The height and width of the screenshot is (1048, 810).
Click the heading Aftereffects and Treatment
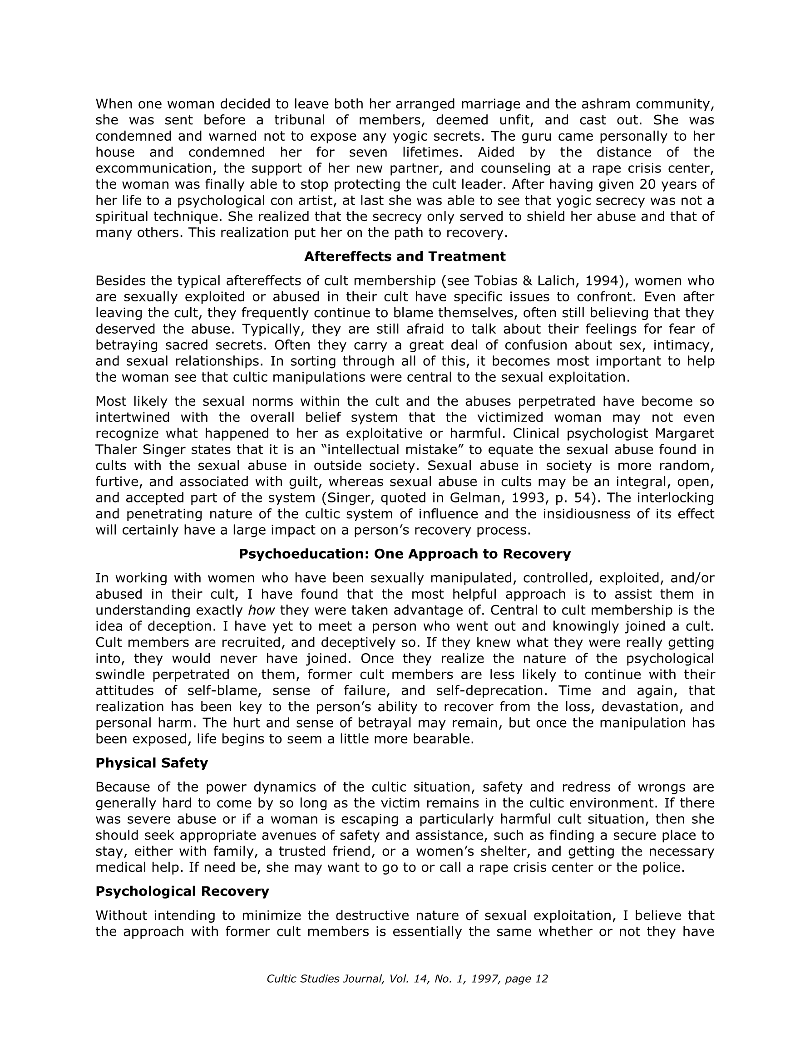click(x=405, y=257)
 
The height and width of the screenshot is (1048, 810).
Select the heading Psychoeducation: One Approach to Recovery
click(x=405, y=554)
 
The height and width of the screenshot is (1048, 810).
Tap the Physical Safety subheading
click(x=152, y=763)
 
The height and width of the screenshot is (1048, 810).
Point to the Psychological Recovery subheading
click(x=183, y=891)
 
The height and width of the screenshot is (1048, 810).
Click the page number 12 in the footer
click(x=541, y=979)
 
